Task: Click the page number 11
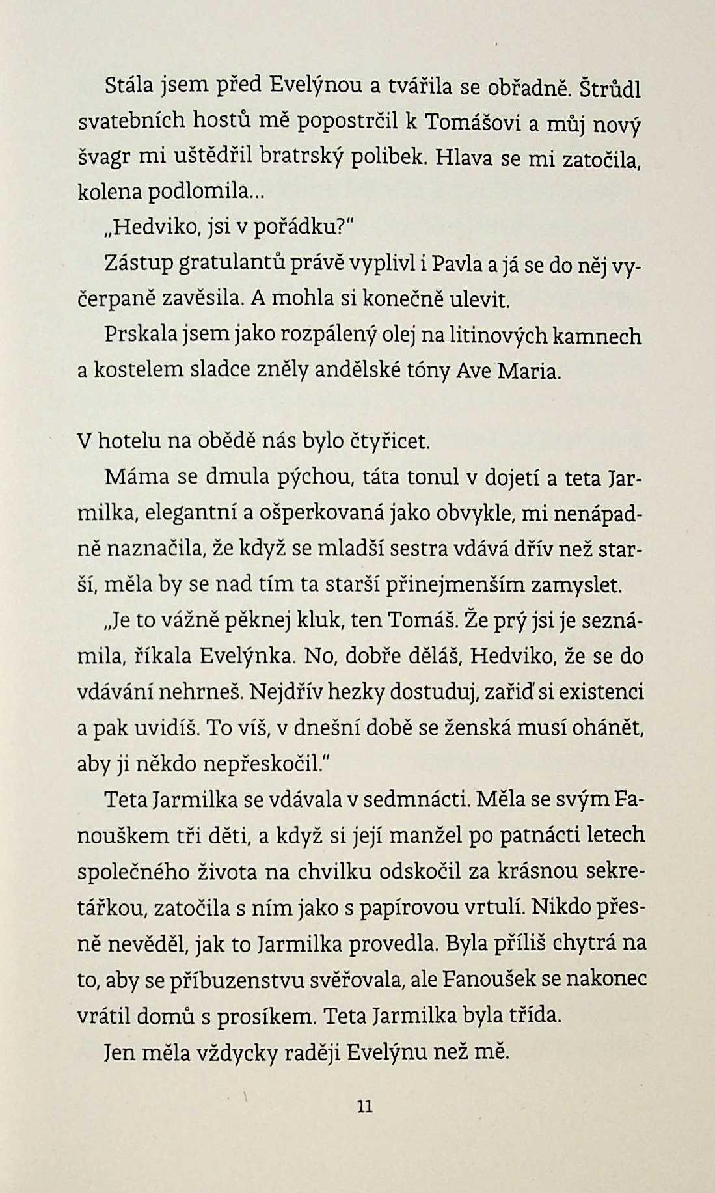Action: click(365, 1106)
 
